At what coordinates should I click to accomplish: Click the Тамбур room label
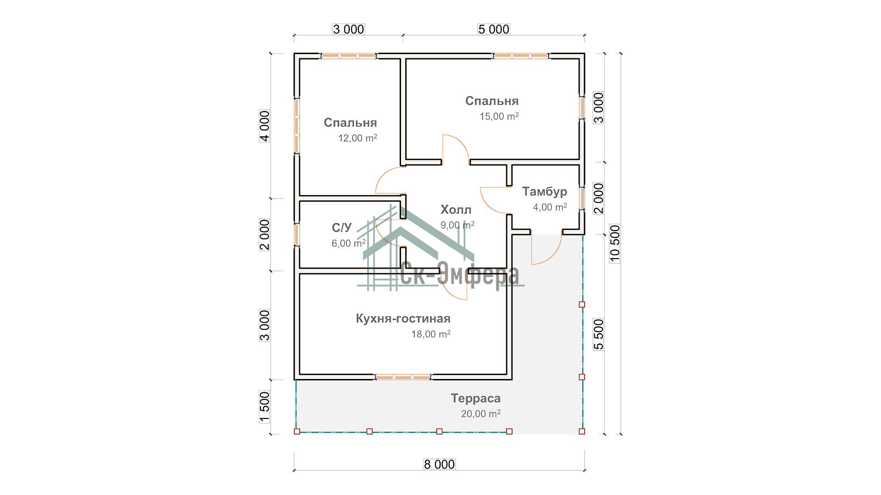click(x=545, y=192)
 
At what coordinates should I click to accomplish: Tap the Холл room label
click(x=456, y=210)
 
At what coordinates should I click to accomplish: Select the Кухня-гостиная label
click(x=403, y=319)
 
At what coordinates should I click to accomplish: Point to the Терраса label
click(x=475, y=398)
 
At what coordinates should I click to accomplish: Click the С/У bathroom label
click(x=342, y=228)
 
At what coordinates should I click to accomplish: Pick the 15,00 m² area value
click(x=499, y=116)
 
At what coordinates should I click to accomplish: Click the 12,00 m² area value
click(x=357, y=138)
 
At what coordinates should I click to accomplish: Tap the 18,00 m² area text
click(x=430, y=334)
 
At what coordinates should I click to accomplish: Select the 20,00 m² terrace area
click(x=480, y=414)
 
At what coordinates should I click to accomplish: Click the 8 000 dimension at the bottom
click(x=439, y=464)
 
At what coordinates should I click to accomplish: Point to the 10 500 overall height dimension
click(x=615, y=243)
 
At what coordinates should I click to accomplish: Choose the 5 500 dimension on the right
click(x=599, y=334)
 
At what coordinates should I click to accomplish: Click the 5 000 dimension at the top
click(x=494, y=29)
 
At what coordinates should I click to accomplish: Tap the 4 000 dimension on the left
click(x=265, y=126)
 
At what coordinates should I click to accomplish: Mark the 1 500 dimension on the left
click(x=265, y=407)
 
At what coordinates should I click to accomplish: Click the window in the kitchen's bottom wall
click(x=403, y=377)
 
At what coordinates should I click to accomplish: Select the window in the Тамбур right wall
click(x=582, y=198)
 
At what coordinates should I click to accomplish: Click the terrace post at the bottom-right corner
click(x=582, y=431)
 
